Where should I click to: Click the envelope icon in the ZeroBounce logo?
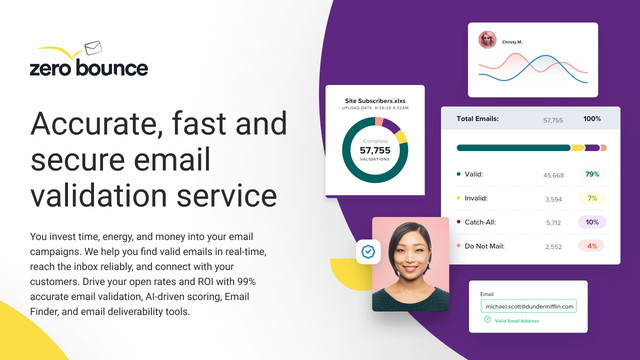coord(94,47)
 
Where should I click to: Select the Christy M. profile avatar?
coord(488,40)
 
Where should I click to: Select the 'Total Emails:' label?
coord(479,119)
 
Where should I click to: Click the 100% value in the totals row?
coord(592,119)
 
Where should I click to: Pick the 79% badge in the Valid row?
coord(592,175)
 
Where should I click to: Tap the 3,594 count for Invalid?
coord(553,198)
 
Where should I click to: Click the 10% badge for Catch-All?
coord(592,222)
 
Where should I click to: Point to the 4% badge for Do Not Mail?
coord(592,246)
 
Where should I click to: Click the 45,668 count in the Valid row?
coord(553,175)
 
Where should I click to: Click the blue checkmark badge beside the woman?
coord(368,252)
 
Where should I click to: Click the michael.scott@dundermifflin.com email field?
coord(528,304)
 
